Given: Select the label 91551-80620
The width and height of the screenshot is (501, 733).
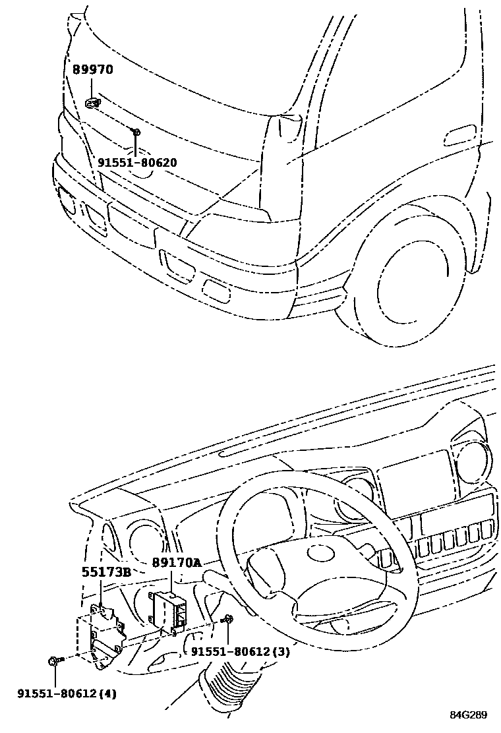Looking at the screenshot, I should pyautogui.click(x=137, y=162).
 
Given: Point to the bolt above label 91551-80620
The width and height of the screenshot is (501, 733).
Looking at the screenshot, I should pyautogui.click(x=135, y=133).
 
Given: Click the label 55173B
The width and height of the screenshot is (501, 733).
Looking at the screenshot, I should pyautogui.click(x=106, y=572).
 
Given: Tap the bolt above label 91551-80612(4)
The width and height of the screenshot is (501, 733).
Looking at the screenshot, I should pyautogui.click(x=53, y=660).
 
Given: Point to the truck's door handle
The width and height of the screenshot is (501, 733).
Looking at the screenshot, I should pyautogui.click(x=460, y=137).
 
